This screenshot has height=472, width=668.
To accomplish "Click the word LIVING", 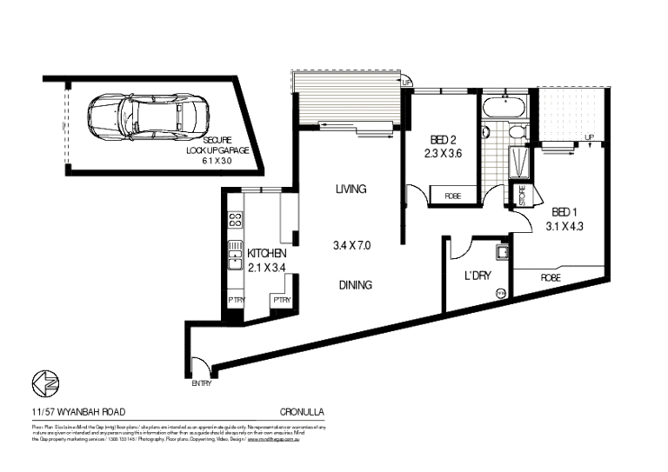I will click(351, 189).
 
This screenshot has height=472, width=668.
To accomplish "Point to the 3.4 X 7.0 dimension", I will click(351, 245).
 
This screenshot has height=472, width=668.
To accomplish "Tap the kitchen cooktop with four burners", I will click(234, 222).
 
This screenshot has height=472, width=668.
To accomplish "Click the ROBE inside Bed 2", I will click(452, 196).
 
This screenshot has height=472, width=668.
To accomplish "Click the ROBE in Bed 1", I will click(550, 278).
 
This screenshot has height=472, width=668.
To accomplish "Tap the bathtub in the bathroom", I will click(504, 110).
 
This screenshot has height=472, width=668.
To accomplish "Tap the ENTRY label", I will click(202, 382).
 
